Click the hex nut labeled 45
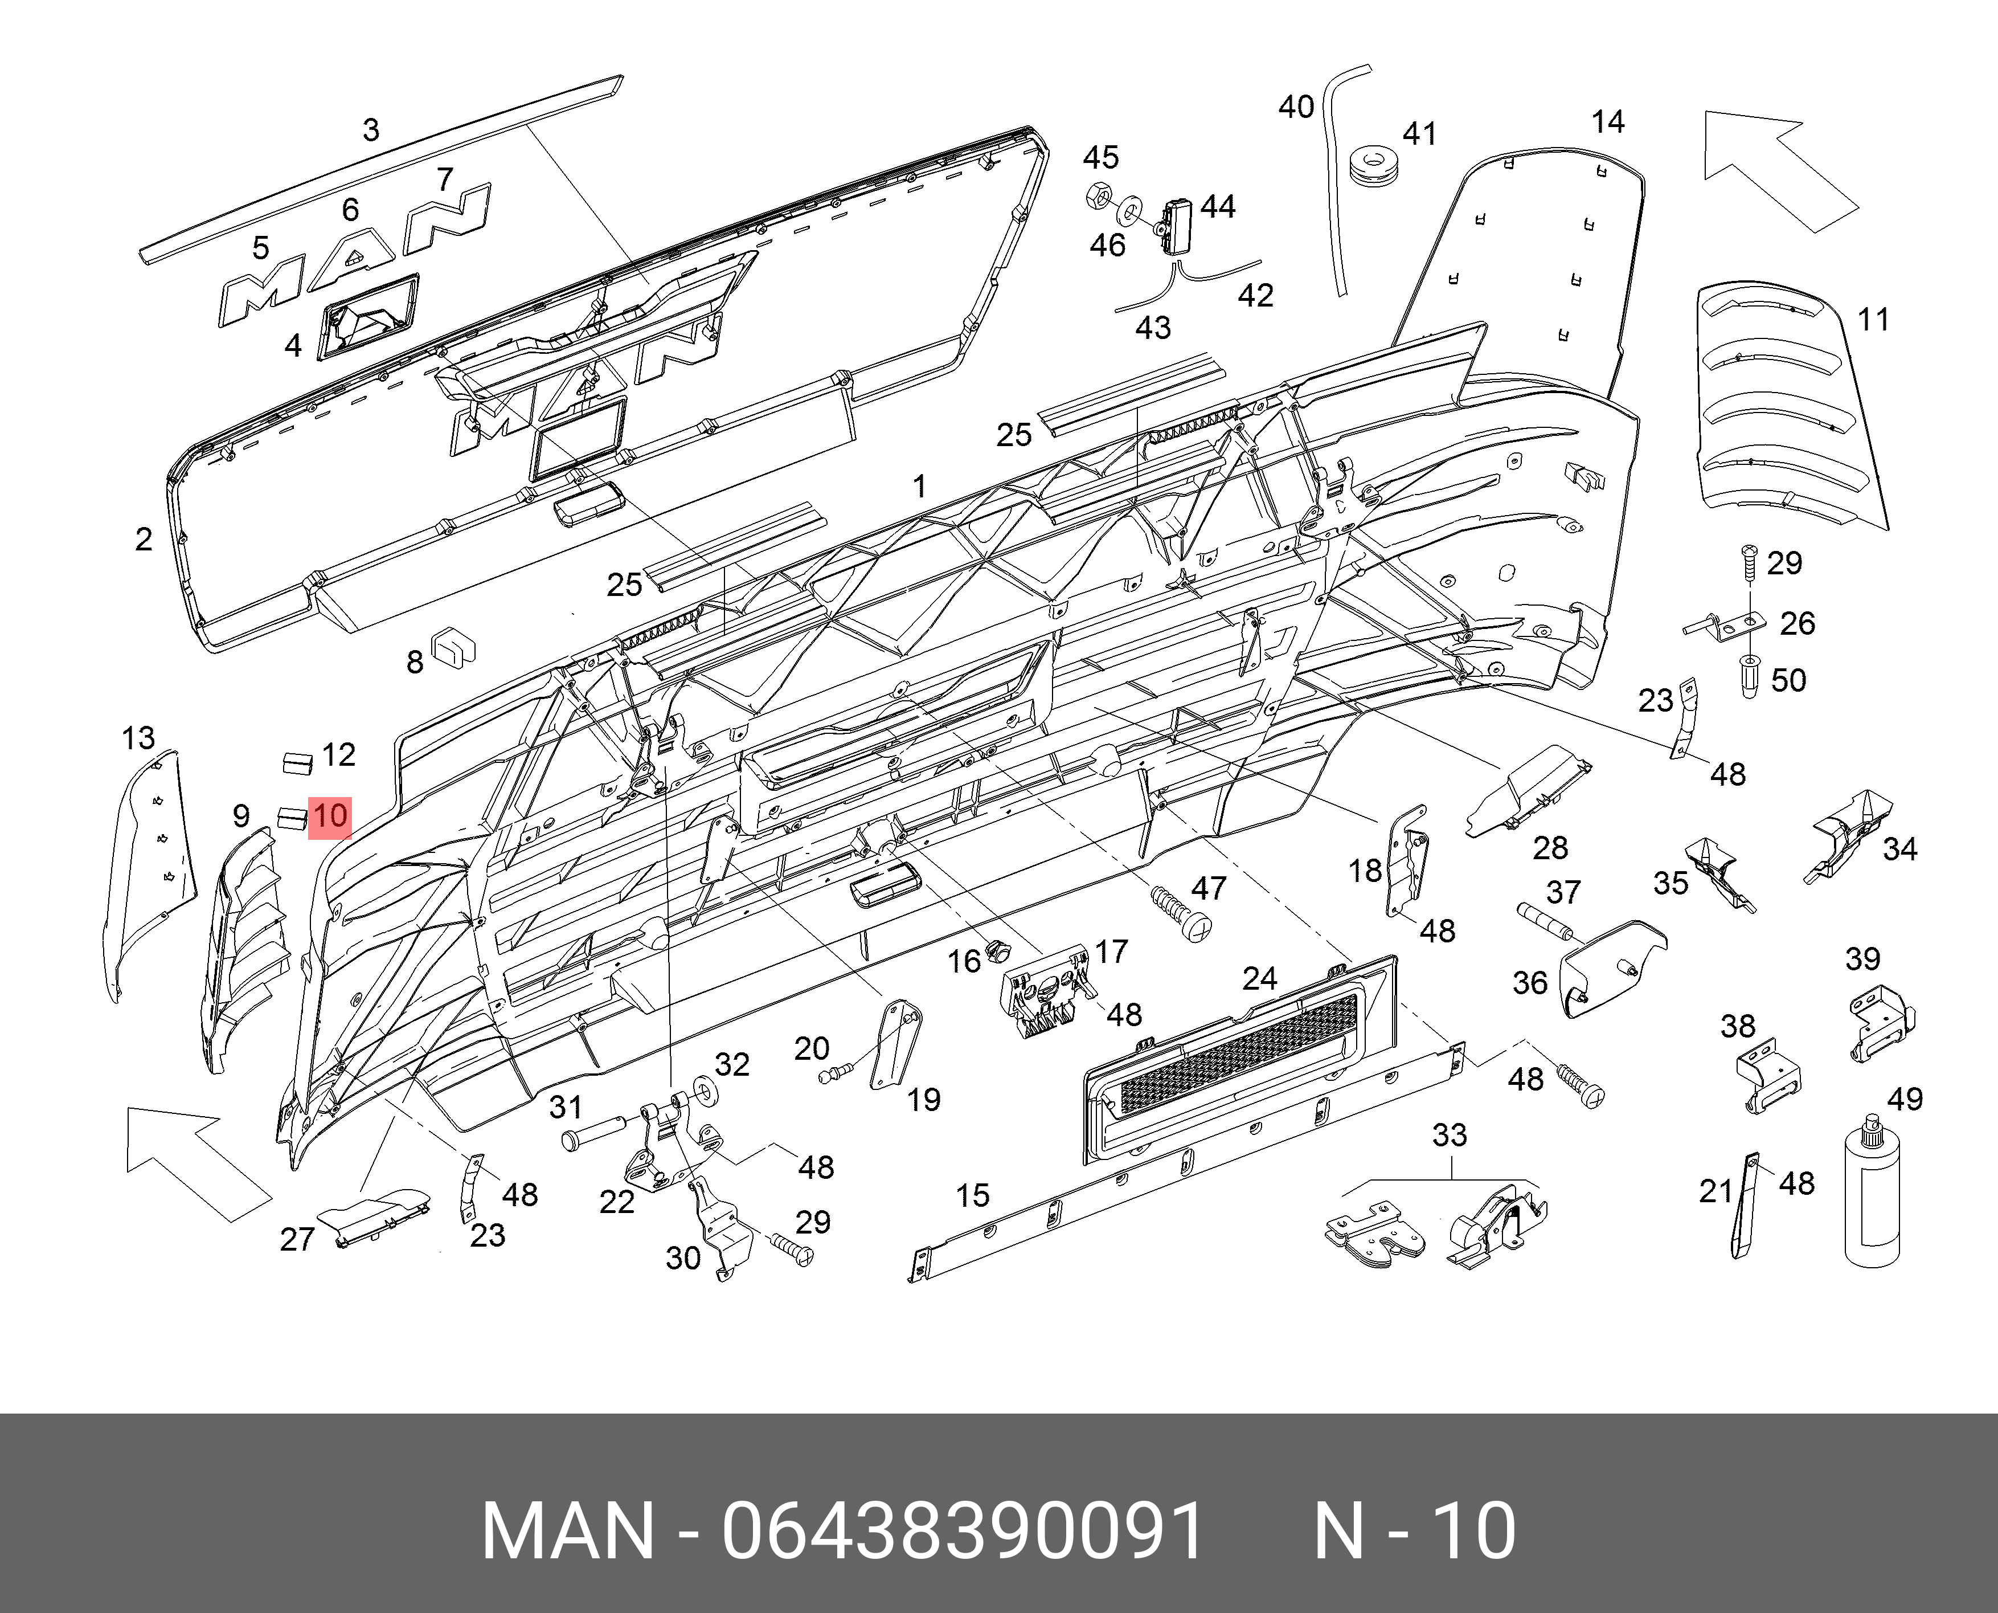(1097, 196)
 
